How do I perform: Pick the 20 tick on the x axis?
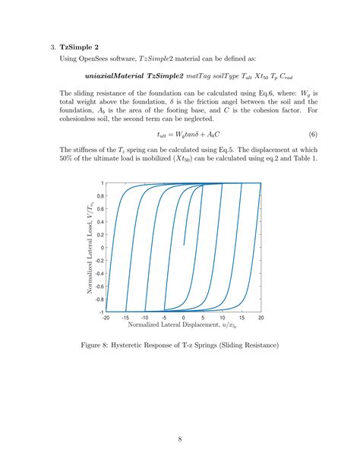261,317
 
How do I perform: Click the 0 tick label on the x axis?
184,317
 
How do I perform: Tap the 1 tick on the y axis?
101,183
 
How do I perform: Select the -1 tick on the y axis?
99,312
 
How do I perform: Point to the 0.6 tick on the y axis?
99,209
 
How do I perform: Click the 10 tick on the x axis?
223,317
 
